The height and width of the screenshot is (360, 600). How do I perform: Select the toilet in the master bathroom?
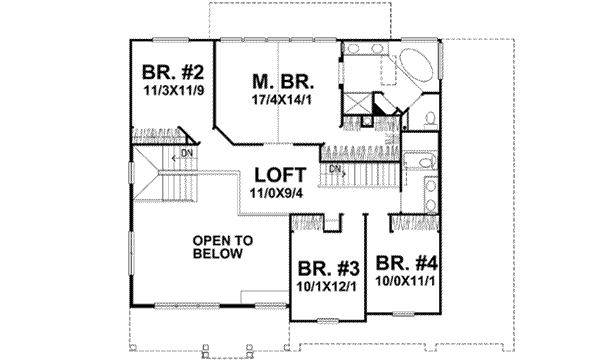pyautogui.click(x=428, y=118)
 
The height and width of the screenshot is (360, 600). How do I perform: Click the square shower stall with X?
pyautogui.click(x=355, y=105)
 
